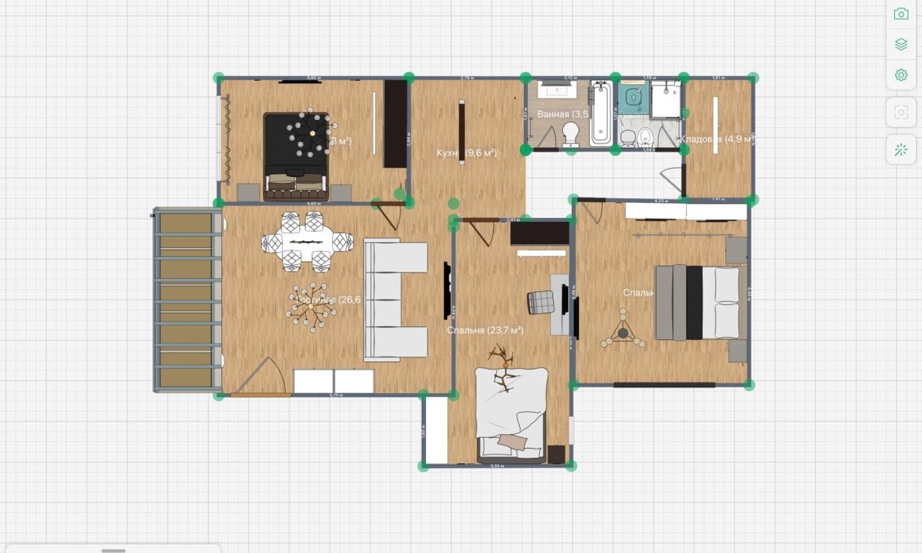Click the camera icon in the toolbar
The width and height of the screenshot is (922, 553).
pyautogui.click(x=901, y=14)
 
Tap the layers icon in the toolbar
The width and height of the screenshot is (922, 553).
pyautogui.click(x=901, y=44)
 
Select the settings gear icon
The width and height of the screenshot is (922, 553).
pyautogui.click(x=901, y=75)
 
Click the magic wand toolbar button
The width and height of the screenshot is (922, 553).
pyautogui.click(x=901, y=150)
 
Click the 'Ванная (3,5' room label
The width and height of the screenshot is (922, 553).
pyautogui.click(x=562, y=114)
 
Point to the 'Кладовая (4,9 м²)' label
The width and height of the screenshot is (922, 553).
pyautogui.click(x=717, y=139)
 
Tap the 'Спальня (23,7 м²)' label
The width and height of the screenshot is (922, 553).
pyautogui.click(x=485, y=330)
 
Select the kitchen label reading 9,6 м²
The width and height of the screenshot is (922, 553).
pyautogui.click(x=466, y=153)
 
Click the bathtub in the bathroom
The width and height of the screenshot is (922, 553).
pyautogui.click(x=601, y=113)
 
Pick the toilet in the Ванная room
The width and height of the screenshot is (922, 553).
pyautogui.click(x=571, y=135)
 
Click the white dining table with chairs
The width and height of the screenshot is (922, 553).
pyautogui.click(x=308, y=241)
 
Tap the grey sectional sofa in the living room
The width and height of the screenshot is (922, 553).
pyautogui.click(x=395, y=300)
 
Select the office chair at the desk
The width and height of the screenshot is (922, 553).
pyautogui.click(x=541, y=302)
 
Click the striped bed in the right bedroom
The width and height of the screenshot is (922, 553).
pyautogui.click(x=698, y=303)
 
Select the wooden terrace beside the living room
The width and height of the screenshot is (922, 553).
pyautogui.click(x=187, y=300)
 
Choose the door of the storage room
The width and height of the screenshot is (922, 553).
pyautogui.click(x=672, y=180)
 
